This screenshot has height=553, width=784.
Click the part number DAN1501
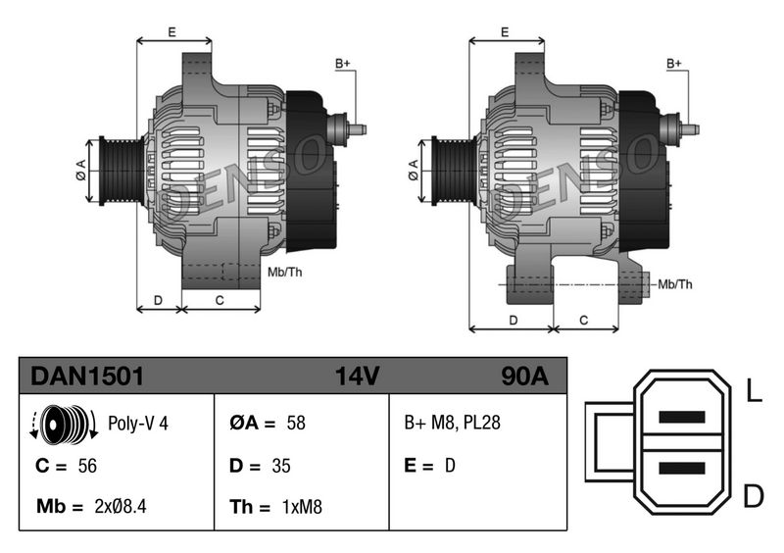click(x=88, y=376)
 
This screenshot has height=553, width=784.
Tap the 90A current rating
click(x=524, y=376)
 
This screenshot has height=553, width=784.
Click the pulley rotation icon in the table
click(x=65, y=425)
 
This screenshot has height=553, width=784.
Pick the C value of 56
click(x=88, y=466)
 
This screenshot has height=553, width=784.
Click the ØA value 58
click(x=296, y=425)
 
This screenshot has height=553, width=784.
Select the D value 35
click(x=281, y=466)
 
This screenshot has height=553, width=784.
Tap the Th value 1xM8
click(x=301, y=507)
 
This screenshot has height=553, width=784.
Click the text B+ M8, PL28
click(x=453, y=425)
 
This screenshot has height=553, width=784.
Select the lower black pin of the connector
click(x=682, y=468)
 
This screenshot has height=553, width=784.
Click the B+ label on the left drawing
click(x=343, y=64)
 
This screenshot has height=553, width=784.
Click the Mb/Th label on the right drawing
click(x=674, y=284)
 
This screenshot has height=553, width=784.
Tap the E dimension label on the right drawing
click(x=504, y=32)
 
